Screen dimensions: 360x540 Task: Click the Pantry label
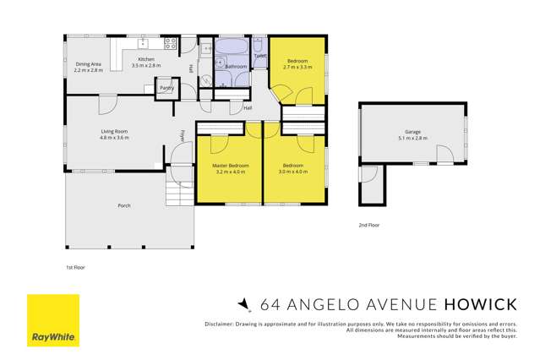(166, 87)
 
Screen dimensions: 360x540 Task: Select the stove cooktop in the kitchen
(170, 42)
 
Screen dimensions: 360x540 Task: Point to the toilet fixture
(259, 46)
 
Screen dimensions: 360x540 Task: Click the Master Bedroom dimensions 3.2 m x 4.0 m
(230, 171)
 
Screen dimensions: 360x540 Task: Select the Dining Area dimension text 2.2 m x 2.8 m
(89, 70)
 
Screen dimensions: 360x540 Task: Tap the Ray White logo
(53, 320)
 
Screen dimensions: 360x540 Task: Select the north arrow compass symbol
(244, 304)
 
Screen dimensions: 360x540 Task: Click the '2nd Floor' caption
(369, 226)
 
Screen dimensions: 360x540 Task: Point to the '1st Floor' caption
(75, 267)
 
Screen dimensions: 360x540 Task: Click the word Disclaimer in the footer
(221, 325)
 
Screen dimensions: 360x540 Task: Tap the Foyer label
(183, 135)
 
